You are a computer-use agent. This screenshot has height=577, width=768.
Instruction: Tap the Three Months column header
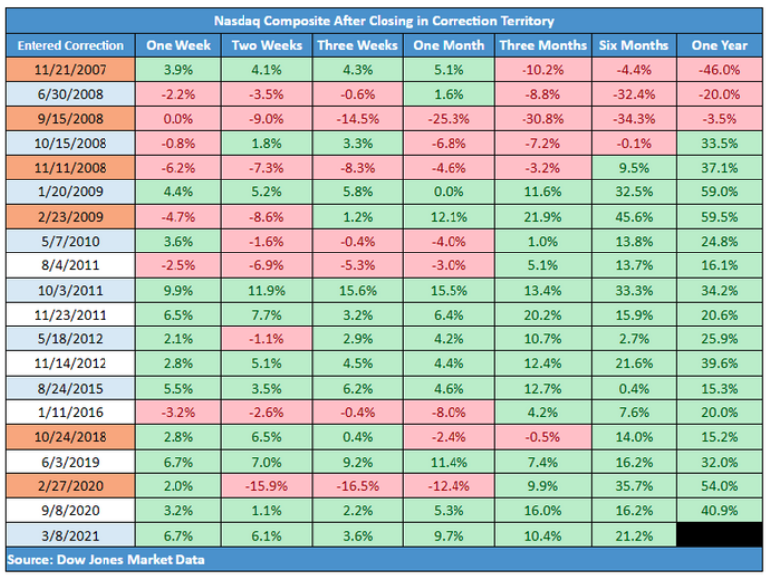541,45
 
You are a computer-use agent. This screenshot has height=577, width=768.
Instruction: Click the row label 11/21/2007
69,70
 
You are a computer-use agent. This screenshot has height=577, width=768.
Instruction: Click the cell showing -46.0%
717,70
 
